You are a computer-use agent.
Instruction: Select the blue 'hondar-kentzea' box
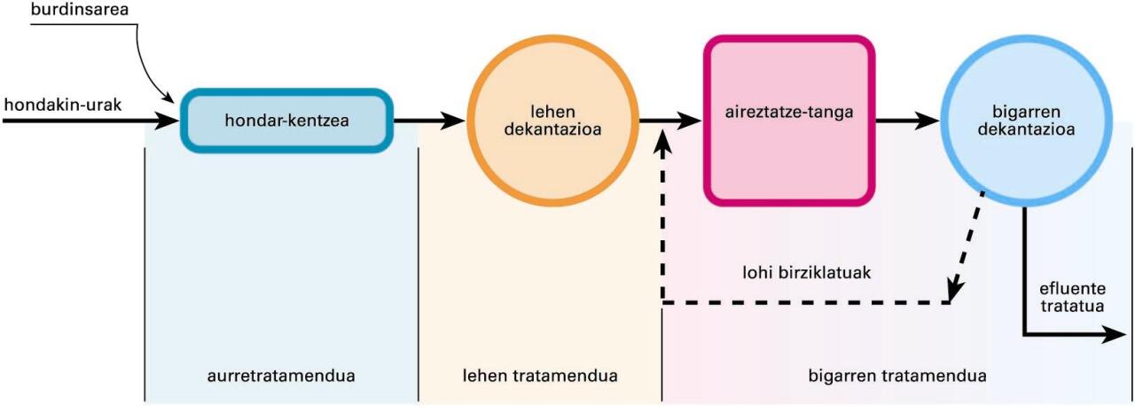coord(286,121)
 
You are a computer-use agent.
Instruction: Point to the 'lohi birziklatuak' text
coord(806,272)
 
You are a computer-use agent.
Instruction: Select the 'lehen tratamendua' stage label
coord(540,376)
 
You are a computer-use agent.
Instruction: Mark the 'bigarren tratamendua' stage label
coord(897,376)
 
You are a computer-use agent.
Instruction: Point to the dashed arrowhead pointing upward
coord(663,142)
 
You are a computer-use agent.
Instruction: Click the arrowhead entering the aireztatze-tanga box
coord(692,121)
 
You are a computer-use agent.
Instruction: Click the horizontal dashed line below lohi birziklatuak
coord(806,303)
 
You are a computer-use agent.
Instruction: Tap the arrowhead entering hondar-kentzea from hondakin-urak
coord(168,121)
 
